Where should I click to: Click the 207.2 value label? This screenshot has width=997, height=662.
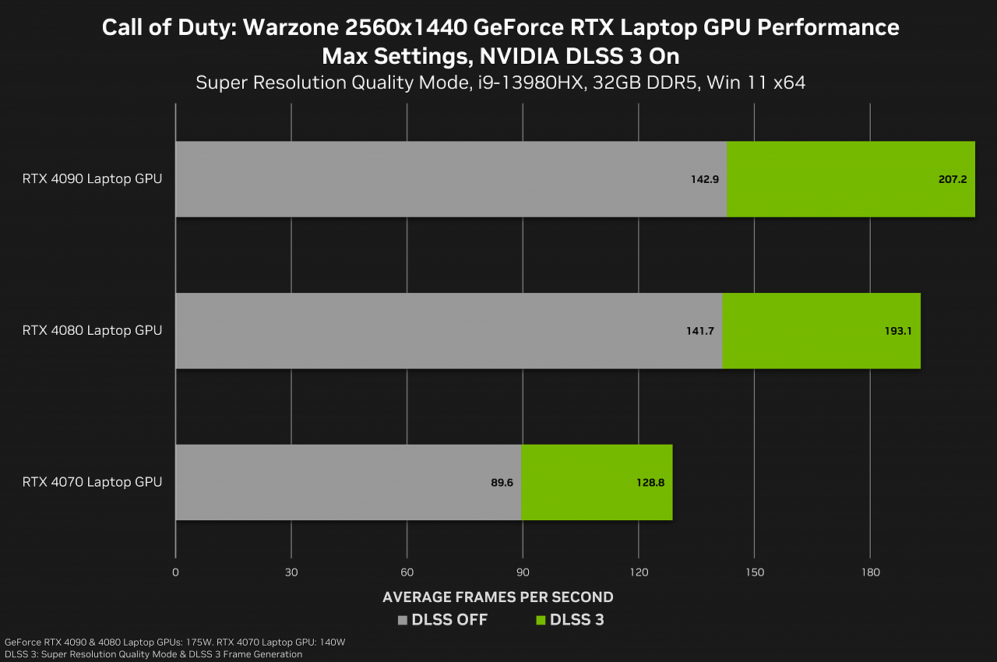[x=953, y=179]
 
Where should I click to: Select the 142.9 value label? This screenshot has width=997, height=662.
[x=705, y=179]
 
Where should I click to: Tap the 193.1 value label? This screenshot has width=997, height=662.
[x=898, y=331]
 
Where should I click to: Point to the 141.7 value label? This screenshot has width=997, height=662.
[x=700, y=331]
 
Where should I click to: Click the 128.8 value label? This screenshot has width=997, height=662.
[x=650, y=483]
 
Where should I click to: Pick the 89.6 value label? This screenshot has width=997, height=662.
[x=502, y=483]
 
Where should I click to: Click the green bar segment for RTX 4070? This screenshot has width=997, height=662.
[x=597, y=482]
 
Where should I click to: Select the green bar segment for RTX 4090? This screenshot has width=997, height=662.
[x=851, y=179]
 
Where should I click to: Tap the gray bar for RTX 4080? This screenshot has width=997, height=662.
[x=449, y=330]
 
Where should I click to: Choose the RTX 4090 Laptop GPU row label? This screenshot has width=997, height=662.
[x=92, y=179]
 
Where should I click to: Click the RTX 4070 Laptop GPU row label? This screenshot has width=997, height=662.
[x=92, y=482]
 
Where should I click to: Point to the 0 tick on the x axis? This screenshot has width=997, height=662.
[x=175, y=572]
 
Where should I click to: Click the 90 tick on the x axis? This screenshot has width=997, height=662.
[x=523, y=572]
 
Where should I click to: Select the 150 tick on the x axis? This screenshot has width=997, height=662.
[x=755, y=572]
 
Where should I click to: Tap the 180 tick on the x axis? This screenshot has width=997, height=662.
[x=871, y=572]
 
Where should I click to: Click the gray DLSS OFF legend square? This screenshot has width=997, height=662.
[x=403, y=620]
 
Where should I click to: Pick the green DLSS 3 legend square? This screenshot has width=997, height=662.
[x=541, y=620]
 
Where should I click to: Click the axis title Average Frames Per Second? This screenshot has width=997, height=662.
[x=498, y=597]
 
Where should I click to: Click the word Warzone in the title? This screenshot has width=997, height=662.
[x=291, y=27]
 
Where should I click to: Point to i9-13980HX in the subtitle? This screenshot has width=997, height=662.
[x=531, y=83]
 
